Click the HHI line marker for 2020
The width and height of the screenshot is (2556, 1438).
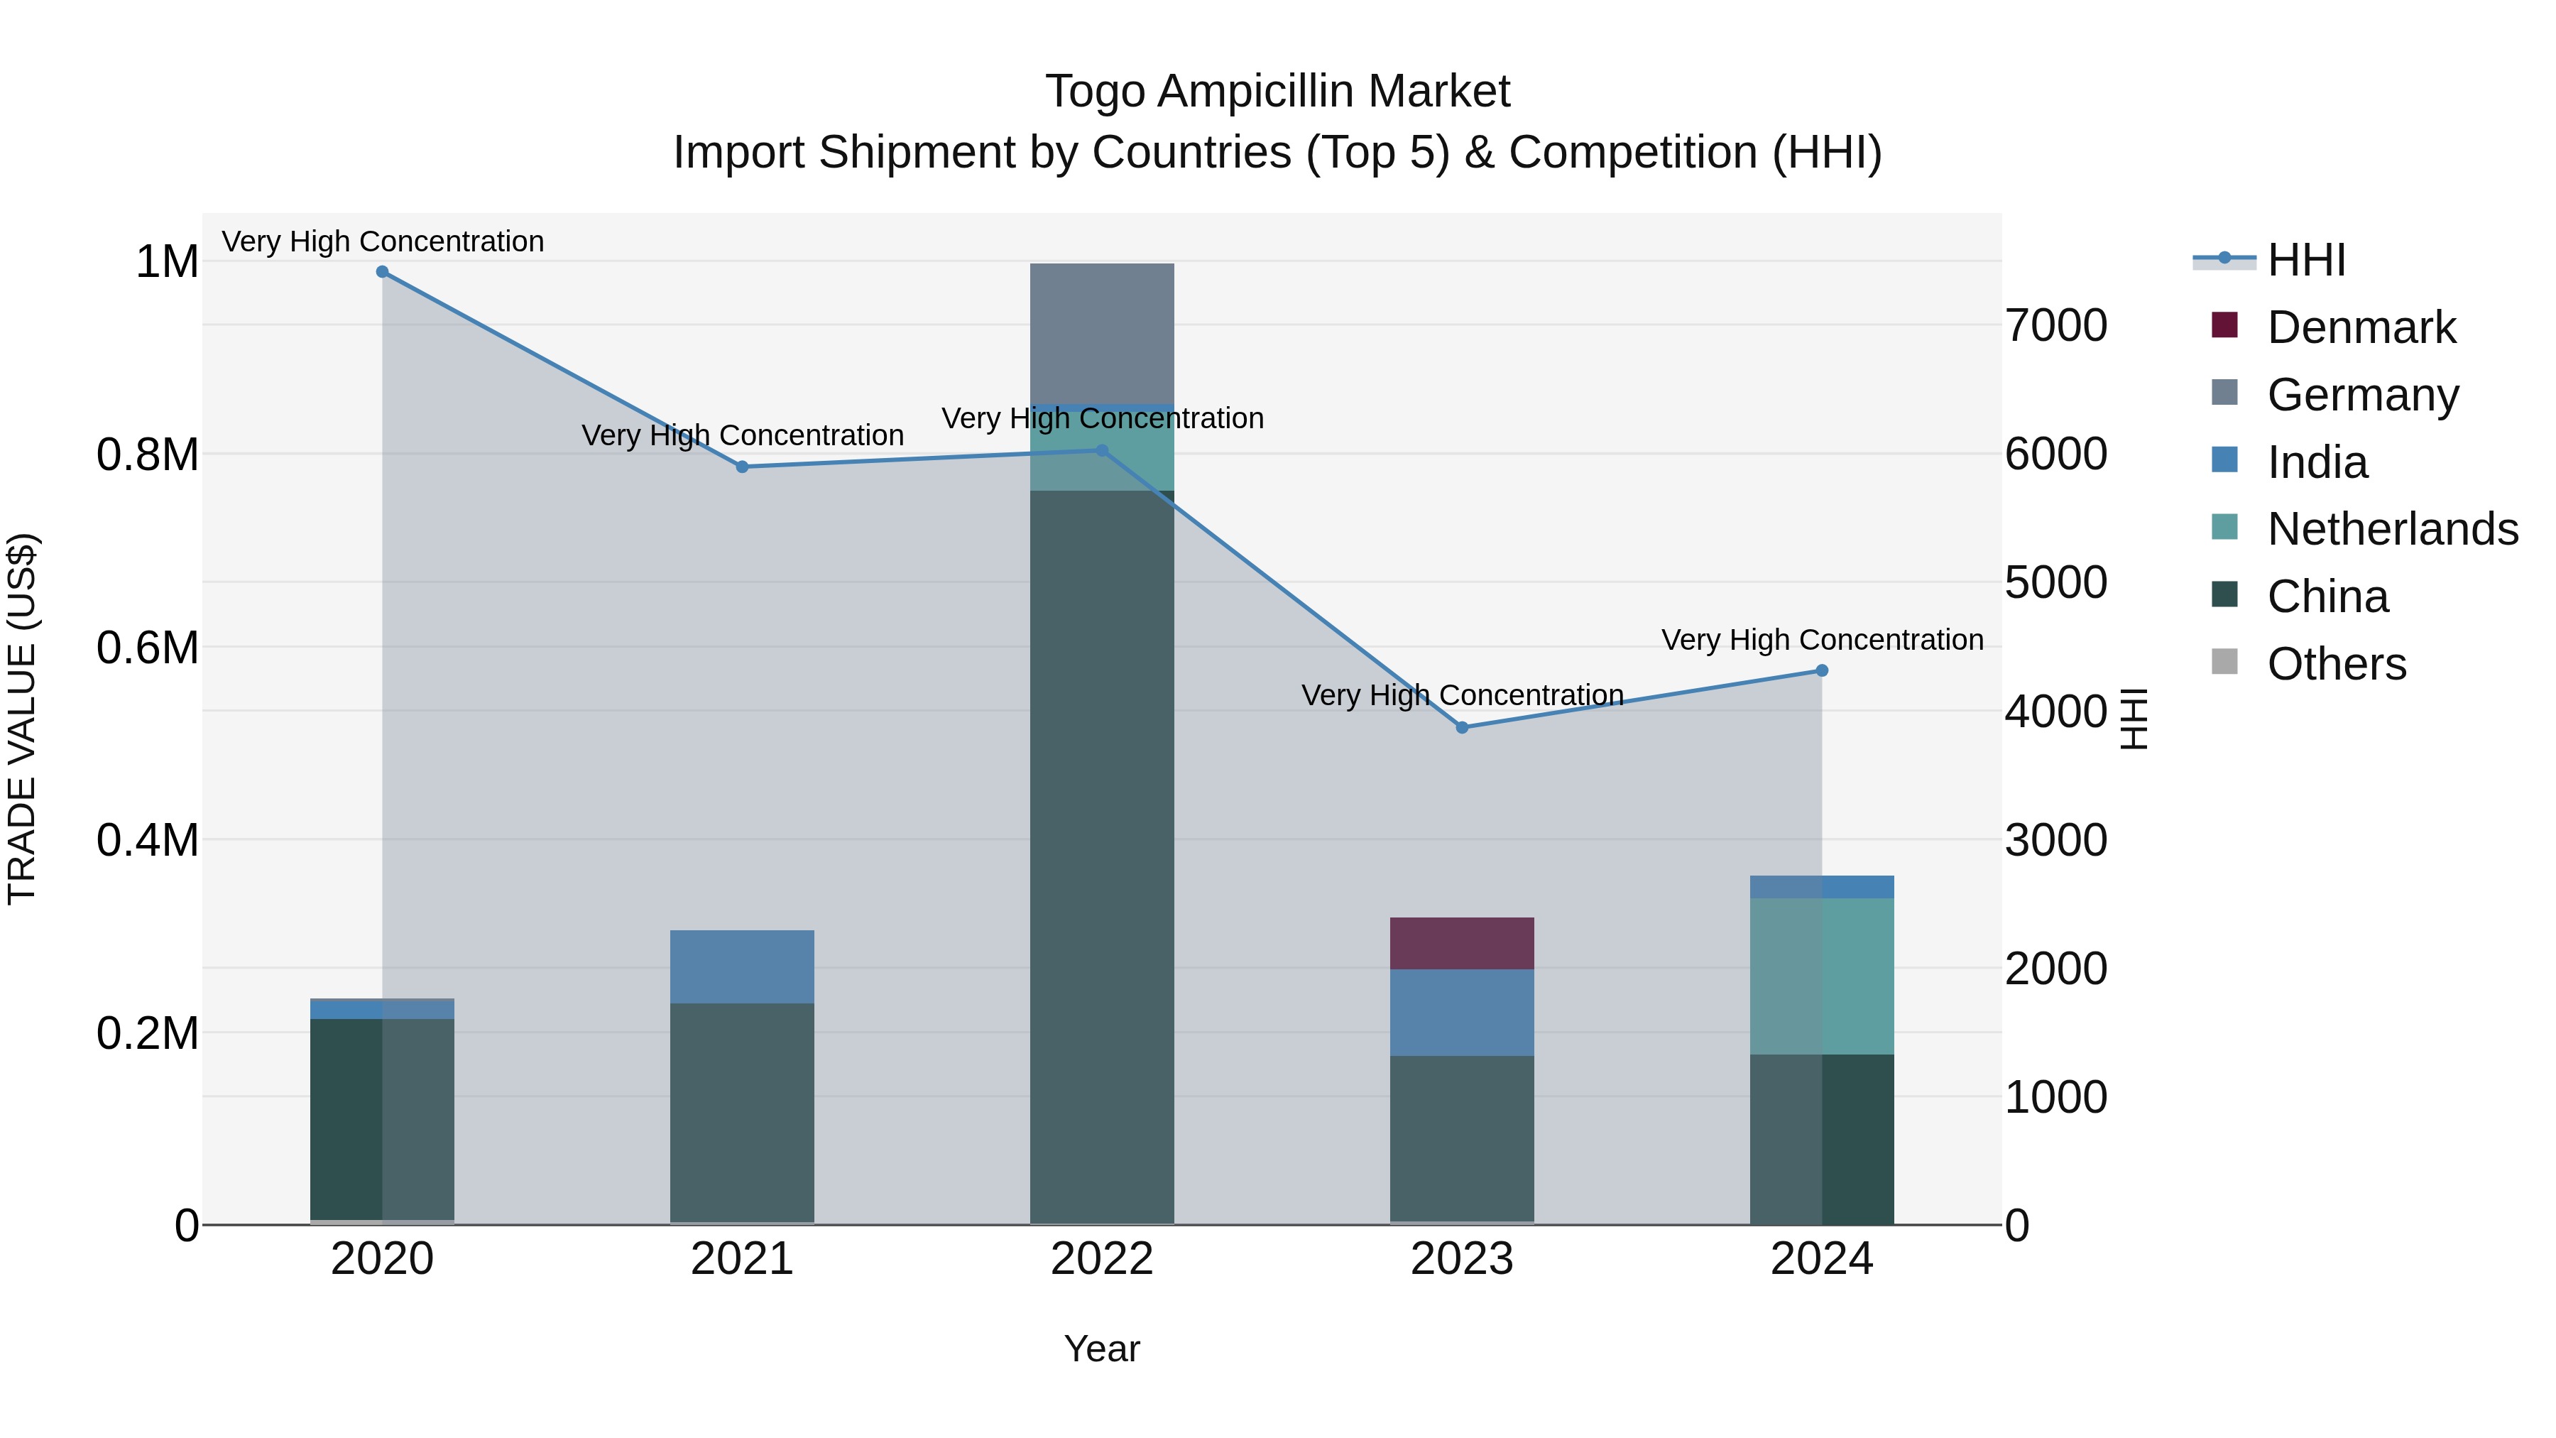pos(382,272)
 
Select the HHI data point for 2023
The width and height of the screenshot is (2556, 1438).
pos(1462,727)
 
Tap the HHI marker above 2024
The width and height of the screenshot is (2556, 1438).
pos(1822,671)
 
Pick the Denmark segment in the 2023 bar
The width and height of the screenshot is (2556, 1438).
pos(1462,943)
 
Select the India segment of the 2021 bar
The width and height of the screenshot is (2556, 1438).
pos(742,966)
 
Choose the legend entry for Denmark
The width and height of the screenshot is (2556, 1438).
pos(2361,327)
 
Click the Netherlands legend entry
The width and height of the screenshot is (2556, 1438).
pos(2391,529)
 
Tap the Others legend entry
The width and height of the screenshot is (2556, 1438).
pos(2336,664)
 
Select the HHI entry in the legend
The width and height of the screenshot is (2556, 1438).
pos(2306,260)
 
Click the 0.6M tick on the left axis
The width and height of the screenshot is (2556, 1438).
pos(147,648)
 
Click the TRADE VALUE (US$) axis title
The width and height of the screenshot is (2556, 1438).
pos(22,719)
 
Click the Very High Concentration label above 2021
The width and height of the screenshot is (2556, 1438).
pos(742,436)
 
